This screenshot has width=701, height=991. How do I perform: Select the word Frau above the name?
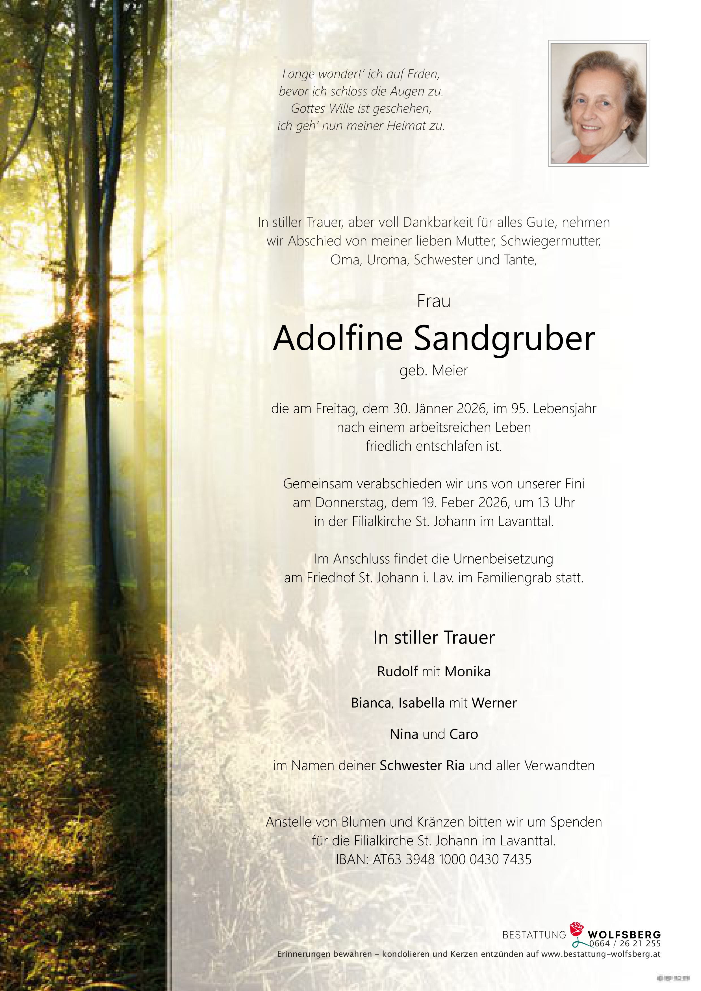(x=434, y=301)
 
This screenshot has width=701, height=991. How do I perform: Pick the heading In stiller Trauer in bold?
(x=434, y=638)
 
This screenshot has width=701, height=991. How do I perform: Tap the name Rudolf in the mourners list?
(x=397, y=671)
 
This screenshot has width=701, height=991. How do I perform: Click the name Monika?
(x=468, y=671)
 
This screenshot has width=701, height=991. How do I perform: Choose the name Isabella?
(x=421, y=703)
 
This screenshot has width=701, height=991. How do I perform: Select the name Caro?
(x=464, y=734)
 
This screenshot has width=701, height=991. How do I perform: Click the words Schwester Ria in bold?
(x=422, y=766)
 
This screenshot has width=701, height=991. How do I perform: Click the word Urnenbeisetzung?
(x=503, y=559)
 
